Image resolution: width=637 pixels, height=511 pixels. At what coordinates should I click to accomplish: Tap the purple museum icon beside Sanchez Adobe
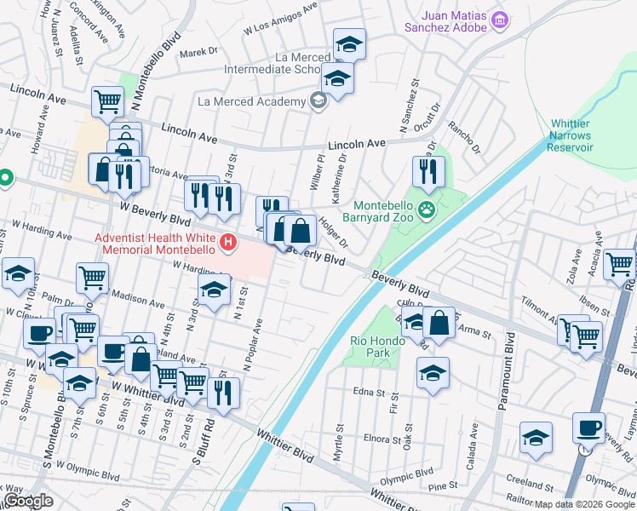pos(500,19)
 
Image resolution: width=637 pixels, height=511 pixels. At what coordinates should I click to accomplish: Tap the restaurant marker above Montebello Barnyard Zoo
pos(428,171)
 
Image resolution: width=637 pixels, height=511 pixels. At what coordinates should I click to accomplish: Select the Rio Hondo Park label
pos(376,347)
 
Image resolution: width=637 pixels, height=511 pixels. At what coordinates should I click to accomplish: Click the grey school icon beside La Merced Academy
pos(318,102)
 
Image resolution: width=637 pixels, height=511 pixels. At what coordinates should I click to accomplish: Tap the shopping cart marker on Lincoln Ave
pos(108,100)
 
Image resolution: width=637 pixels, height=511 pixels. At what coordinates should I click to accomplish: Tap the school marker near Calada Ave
pos(534,438)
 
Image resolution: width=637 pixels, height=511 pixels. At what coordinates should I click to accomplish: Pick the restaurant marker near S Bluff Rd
pos(223,393)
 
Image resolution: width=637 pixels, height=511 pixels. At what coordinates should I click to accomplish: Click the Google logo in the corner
pos(28,501)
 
